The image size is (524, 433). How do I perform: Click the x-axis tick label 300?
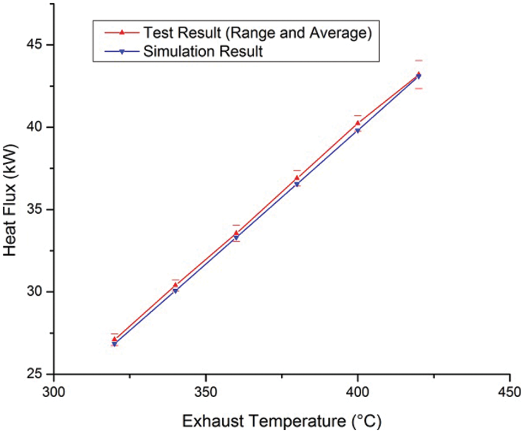[x=54, y=392]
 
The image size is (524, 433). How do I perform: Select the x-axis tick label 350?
[x=206, y=392]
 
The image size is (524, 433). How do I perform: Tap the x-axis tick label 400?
[x=357, y=392]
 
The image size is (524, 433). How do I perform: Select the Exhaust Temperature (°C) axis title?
[x=282, y=421]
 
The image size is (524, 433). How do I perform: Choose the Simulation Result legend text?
[x=202, y=52]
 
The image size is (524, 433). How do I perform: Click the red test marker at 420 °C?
[x=419, y=74]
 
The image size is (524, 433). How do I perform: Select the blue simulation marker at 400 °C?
[x=357, y=131]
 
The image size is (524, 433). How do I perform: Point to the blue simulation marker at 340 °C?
[x=175, y=290]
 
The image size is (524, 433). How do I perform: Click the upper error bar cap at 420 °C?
[x=419, y=60]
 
